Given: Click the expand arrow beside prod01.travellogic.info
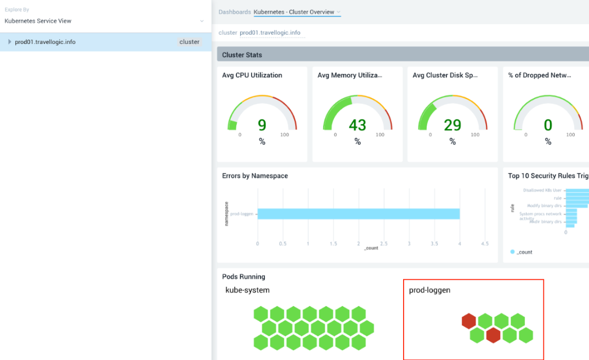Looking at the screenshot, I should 10,42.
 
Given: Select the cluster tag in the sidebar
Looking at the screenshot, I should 189,42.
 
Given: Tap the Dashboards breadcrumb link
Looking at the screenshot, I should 234,12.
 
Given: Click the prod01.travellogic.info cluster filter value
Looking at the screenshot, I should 270,32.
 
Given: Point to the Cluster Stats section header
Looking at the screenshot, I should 242,55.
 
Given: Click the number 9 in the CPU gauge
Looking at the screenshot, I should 262,125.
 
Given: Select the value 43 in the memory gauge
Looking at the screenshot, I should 357,125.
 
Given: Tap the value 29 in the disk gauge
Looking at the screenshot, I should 452,125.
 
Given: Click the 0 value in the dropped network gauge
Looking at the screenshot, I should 548,125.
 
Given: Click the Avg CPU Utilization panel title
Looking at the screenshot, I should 252,75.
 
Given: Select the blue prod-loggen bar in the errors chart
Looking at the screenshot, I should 358,213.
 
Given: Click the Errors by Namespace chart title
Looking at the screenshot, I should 254,176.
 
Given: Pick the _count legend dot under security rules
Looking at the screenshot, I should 513,252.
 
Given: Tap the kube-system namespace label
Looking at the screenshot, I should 247,290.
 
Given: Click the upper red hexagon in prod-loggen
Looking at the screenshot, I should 468,321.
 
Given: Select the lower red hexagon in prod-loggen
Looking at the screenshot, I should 493,335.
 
